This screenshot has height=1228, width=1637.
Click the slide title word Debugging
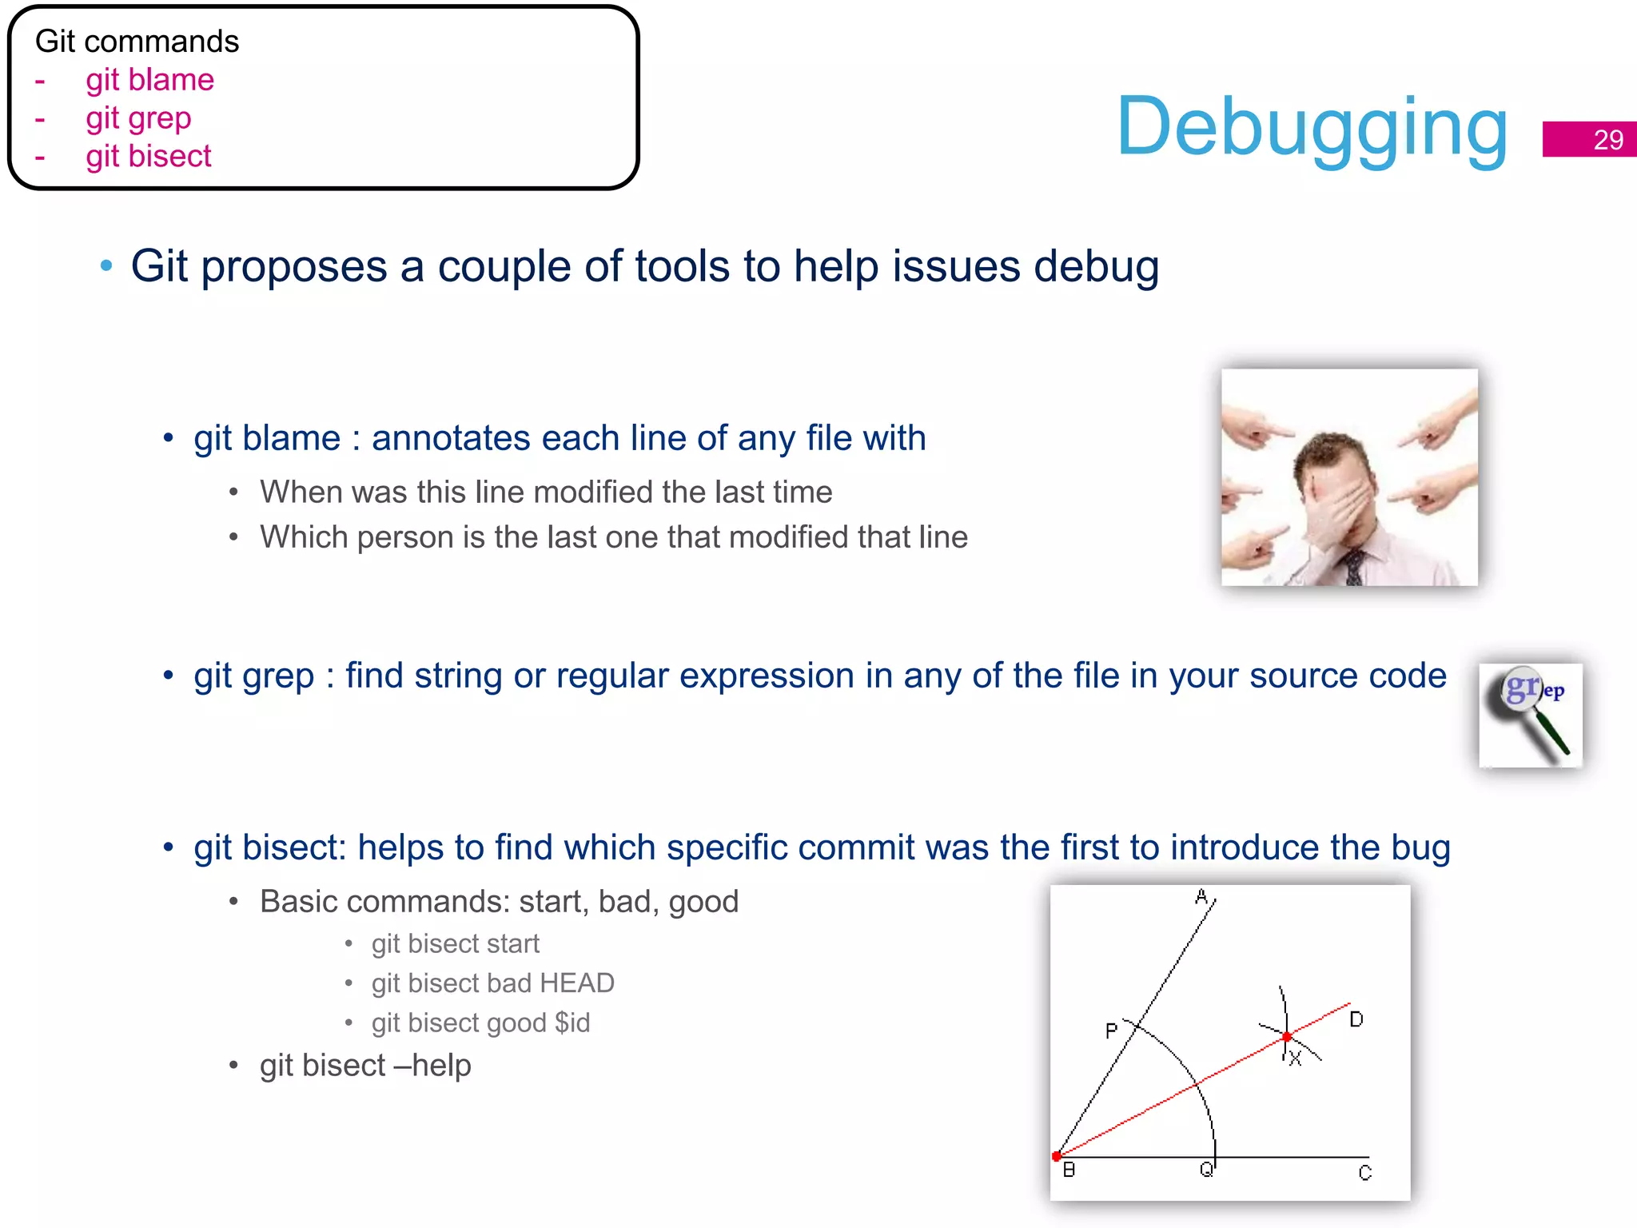click(x=1312, y=128)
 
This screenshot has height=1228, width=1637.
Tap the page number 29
click(x=1607, y=140)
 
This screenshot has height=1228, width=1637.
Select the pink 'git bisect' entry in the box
click(x=149, y=156)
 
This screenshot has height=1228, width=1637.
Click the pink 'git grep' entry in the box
click(x=138, y=118)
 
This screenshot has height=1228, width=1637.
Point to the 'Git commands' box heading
click(x=137, y=42)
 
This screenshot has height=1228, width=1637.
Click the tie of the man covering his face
click(x=1354, y=567)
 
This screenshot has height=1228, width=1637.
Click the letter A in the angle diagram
click(x=1201, y=897)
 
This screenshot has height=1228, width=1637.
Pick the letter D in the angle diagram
click(x=1356, y=1019)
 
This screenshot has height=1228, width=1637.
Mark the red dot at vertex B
click(x=1057, y=1156)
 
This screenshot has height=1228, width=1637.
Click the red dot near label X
click(x=1286, y=1037)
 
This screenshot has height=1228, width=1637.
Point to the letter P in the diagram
click(x=1111, y=1031)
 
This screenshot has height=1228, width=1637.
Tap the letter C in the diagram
click(x=1364, y=1173)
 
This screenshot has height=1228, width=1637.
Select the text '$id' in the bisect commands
click(x=572, y=1023)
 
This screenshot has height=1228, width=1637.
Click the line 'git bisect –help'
click(x=365, y=1066)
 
